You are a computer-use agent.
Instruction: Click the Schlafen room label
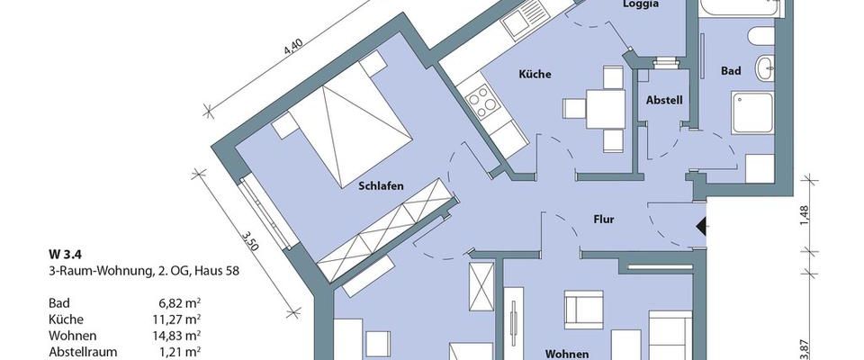coord(380,186)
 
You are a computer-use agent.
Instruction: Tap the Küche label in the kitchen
coord(534,75)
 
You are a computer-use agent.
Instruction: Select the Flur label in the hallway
coord(603,219)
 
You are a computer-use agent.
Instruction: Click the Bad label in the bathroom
coord(730,70)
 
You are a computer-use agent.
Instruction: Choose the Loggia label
coord(641,4)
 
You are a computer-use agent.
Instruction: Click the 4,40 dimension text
coord(292,45)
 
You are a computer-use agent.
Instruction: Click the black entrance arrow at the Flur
coord(703,227)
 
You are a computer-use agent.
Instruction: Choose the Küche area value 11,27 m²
coord(174,319)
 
